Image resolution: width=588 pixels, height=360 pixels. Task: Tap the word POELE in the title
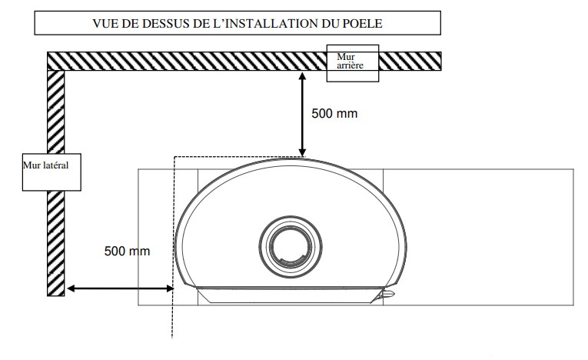point(363,23)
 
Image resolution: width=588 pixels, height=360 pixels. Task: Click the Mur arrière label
point(350,62)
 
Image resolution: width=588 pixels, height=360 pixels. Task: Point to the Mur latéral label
point(46,165)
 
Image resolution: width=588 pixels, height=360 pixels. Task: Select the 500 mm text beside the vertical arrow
point(334,113)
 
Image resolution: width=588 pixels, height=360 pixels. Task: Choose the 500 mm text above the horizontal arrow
point(127,251)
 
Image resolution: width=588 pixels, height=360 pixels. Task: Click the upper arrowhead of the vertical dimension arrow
point(302,76)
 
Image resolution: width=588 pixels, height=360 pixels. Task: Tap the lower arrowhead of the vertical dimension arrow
point(302,152)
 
